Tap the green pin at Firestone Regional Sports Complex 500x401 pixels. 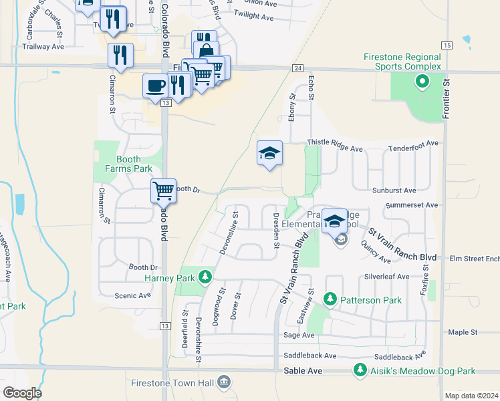[422, 83]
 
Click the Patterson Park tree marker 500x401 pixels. [329, 299]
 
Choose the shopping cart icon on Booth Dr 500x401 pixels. [163, 191]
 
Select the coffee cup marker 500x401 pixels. [156, 86]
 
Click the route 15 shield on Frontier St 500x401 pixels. [447, 45]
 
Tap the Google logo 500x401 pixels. [21, 392]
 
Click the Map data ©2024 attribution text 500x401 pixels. [471, 396]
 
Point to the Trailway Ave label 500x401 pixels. [43, 47]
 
